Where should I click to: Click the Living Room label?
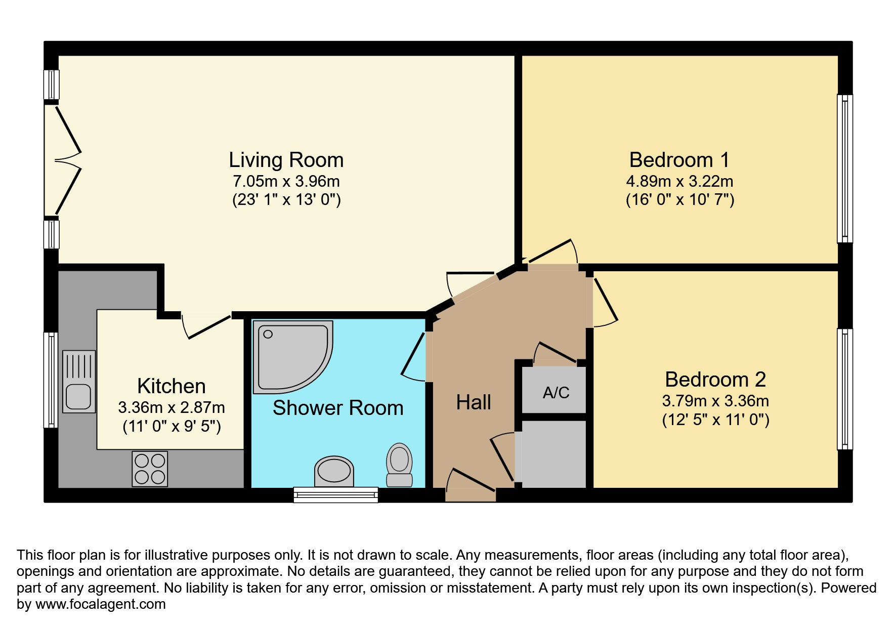point(286,160)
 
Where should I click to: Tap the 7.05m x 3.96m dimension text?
point(286,181)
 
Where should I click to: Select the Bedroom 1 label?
point(679,160)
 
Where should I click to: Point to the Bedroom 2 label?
point(715,380)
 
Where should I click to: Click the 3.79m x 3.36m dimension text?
point(715,401)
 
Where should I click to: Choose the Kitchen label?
point(171,386)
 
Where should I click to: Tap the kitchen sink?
point(79,382)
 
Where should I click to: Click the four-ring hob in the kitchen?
point(150,469)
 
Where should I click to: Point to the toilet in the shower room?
point(399,465)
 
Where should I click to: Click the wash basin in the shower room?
point(333,471)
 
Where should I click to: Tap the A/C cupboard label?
point(556,393)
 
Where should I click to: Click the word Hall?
point(473,403)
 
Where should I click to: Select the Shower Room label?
point(338,408)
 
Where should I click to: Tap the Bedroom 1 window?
point(844,169)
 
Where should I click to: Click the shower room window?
point(336,494)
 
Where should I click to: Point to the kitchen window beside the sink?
point(51,380)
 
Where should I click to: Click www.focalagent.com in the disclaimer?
point(100,604)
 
